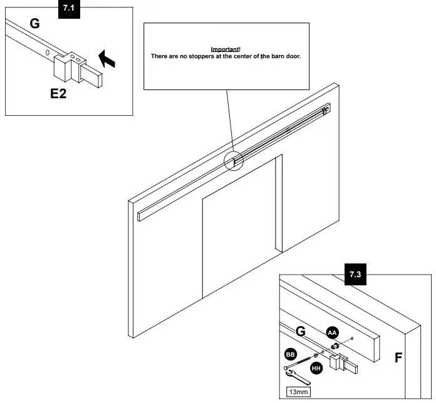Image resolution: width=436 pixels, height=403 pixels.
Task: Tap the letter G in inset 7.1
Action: (x=34, y=24)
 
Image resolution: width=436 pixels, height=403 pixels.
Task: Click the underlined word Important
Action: (x=225, y=49)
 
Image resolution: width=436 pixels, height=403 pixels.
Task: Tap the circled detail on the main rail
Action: (x=233, y=160)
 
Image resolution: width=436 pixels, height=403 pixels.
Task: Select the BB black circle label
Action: (x=290, y=354)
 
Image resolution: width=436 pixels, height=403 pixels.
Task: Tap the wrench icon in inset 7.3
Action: (x=299, y=377)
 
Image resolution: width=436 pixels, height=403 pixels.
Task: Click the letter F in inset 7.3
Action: (x=398, y=359)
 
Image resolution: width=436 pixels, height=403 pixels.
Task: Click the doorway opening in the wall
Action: (x=242, y=238)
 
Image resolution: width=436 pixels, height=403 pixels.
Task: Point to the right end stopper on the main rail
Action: (x=324, y=111)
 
